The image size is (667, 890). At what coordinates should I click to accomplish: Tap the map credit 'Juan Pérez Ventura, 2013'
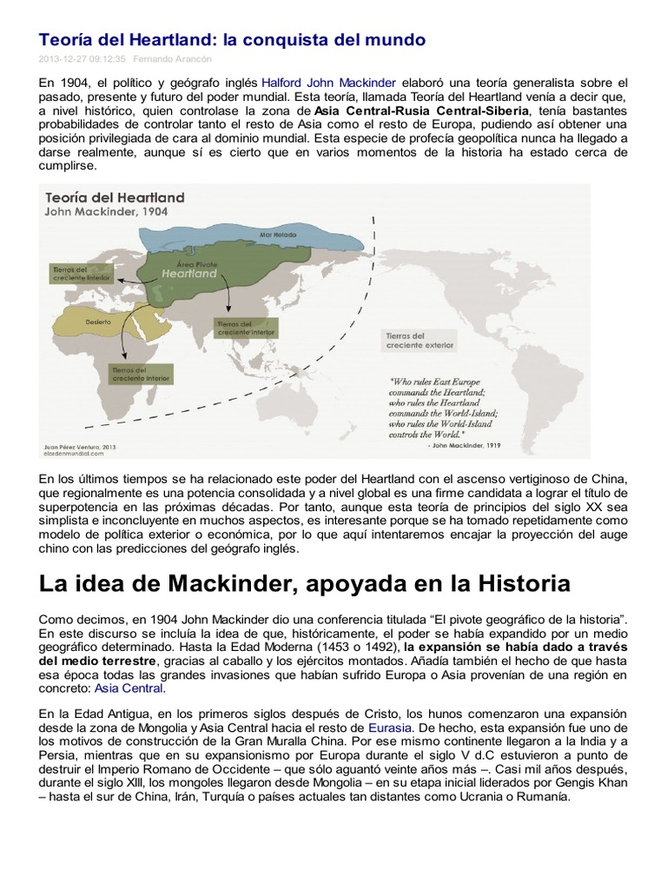click(80, 446)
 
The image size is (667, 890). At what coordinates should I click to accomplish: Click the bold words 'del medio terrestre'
click(94, 662)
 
